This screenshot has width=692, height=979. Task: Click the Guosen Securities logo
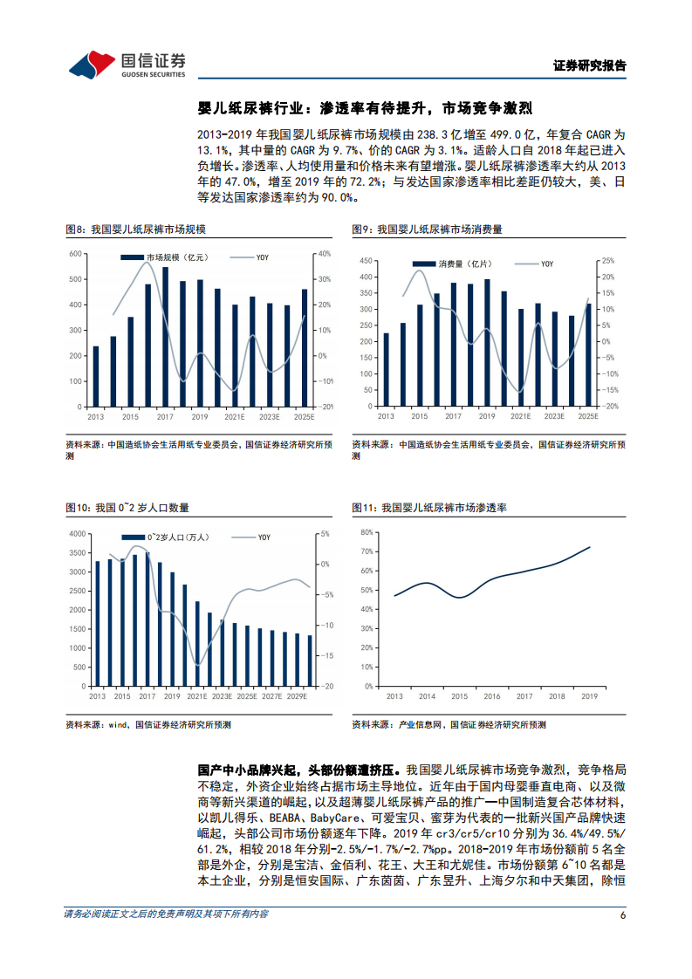pyautogui.click(x=127, y=64)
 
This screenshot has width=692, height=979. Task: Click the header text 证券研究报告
pyautogui.click(x=590, y=65)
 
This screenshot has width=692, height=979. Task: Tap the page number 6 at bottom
pyautogui.click(x=623, y=914)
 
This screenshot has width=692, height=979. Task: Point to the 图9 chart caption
pyautogui.click(x=427, y=229)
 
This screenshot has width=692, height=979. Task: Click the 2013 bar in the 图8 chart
pyautogui.click(x=96, y=376)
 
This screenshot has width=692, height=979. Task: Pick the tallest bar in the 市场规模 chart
pyautogui.click(x=166, y=336)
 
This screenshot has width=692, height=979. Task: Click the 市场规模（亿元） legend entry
pyautogui.click(x=167, y=257)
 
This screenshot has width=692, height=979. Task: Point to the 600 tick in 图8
pyautogui.click(x=77, y=254)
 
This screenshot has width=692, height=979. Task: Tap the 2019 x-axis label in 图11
pyautogui.click(x=589, y=696)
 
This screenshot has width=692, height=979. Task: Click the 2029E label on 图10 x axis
pyautogui.click(x=297, y=696)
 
